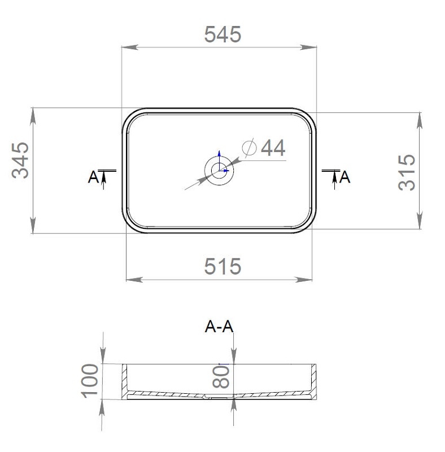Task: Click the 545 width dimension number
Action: (x=223, y=34)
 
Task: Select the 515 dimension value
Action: (x=223, y=267)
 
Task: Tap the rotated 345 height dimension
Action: (x=20, y=160)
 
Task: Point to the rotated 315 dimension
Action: (x=407, y=172)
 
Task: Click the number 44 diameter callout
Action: (x=273, y=147)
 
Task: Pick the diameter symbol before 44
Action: (x=249, y=147)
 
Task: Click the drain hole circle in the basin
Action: (x=219, y=171)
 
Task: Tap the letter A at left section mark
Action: (x=93, y=177)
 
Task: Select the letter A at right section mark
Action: (x=344, y=177)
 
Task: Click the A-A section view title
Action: (x=219, y=327)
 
